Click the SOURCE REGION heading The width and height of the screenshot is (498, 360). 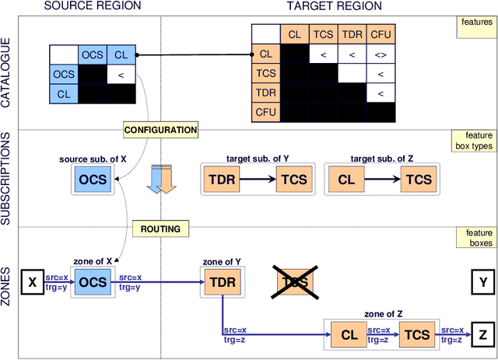pos(92,6)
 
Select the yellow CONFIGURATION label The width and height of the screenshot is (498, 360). pos(160,129)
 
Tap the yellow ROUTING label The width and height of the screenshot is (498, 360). pos(160,229)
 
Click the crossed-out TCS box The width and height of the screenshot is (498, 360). pos(296,282)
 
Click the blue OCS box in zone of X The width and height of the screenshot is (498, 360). pos(93,282)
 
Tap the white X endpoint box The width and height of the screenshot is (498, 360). pos(32,282)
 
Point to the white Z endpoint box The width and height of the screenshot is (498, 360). pos(482,335)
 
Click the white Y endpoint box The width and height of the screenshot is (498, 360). pos(482,282)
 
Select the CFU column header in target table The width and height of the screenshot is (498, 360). pos(381,34)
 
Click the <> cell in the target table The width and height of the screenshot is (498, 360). pos(381,54)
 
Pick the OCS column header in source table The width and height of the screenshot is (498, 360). pos(93,54)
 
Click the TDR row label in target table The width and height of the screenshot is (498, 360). pos(265,93)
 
